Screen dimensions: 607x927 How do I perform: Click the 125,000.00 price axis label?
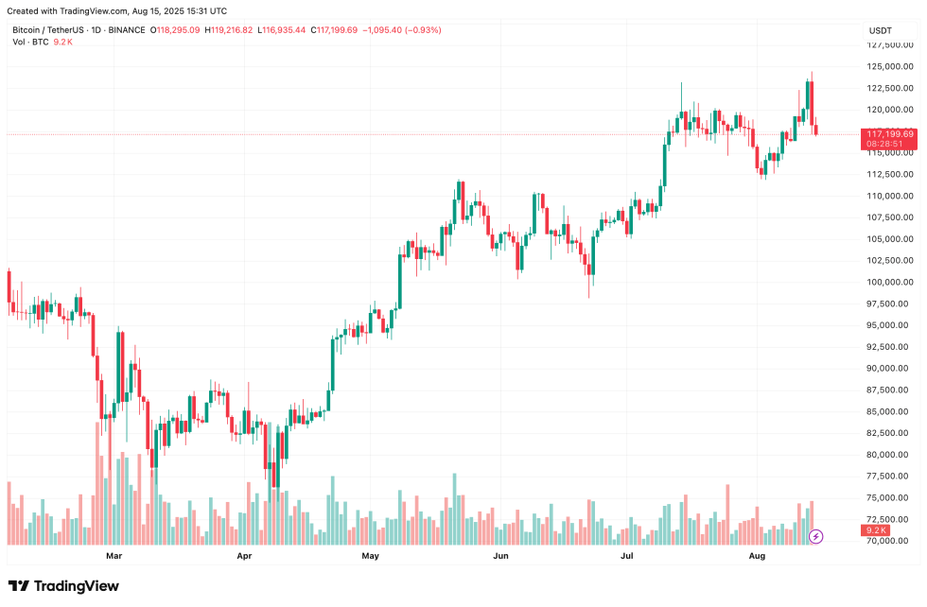point(889,66)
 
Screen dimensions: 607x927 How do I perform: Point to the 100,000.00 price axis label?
point(889,282)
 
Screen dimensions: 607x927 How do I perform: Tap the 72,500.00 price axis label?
point(889,519)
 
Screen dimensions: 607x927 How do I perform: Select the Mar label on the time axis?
point(114,557)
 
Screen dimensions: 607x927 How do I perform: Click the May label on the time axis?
point(371,557)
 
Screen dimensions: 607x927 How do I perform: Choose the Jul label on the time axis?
point(627,557)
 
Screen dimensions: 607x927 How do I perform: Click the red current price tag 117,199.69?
point(889,134)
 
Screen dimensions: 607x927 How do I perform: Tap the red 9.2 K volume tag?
point(876,530)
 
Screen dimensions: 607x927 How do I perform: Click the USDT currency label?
point(881,31)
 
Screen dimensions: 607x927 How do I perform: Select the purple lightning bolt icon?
point(816,536)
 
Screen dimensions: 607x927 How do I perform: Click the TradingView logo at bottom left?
point(64,586)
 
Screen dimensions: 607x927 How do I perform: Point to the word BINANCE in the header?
point(127,30)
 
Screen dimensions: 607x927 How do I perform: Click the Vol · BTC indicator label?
point(30,42)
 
